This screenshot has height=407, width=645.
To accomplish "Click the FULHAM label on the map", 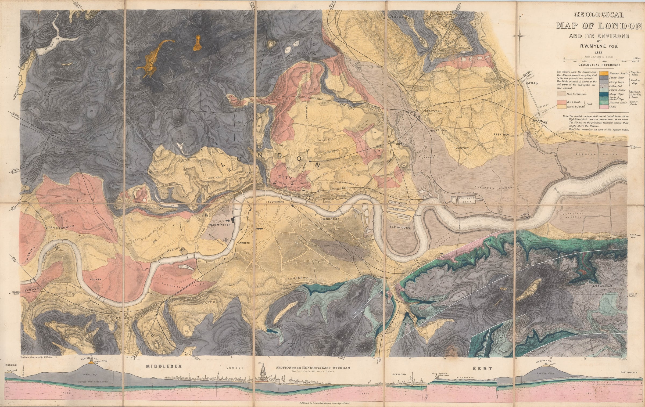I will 96,279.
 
